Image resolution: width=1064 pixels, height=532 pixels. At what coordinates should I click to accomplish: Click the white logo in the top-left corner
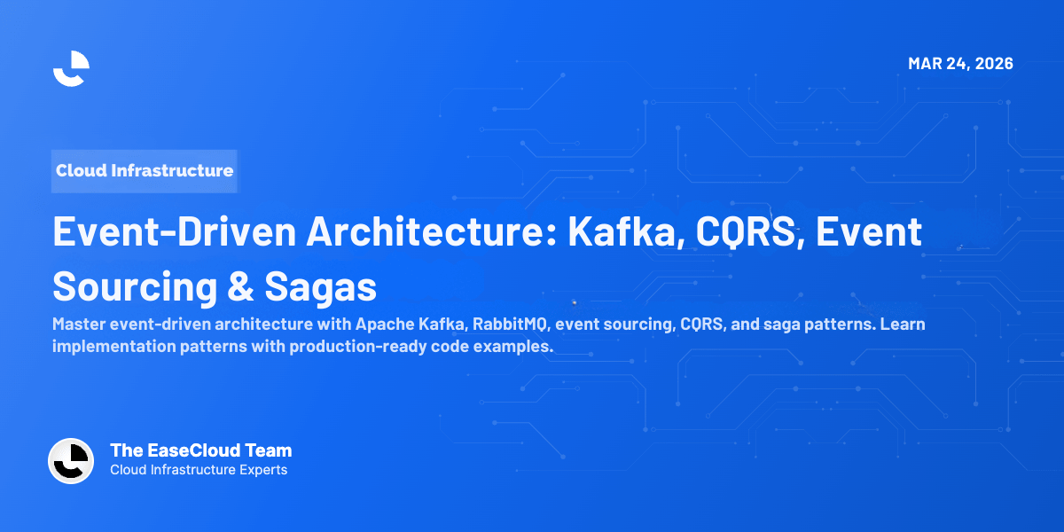click(x=71, y=68)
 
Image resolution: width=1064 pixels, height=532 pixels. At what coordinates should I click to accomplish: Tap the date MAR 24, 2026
click(x=960, y=64)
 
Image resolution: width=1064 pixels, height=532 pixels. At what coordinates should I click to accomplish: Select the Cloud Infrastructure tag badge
click(x=145, y=170)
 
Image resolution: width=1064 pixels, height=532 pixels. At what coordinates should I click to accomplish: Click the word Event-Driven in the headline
click(x=174, y=232)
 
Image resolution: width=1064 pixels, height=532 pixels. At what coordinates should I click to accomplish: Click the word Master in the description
click(x=78, y=325)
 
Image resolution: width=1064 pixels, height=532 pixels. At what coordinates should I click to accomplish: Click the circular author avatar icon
click(x=71, y=461)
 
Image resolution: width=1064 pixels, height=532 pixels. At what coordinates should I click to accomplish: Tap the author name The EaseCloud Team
click(x=200, y=450)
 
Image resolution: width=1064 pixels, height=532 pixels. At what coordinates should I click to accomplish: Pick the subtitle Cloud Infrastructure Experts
click(x=199, y=470)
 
